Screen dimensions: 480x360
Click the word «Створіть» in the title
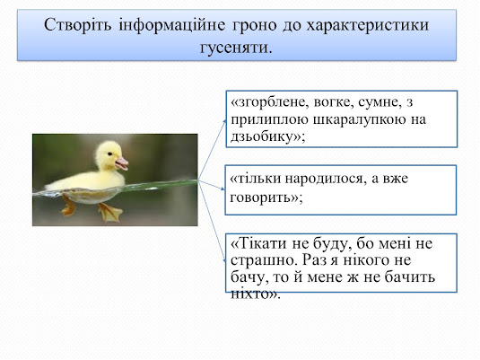point(78,25)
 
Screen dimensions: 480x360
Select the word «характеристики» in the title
point(368,26)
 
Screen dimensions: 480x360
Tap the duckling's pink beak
point(122,163)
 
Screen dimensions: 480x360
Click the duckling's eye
point(109,154)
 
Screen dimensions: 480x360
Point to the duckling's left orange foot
point(68,206)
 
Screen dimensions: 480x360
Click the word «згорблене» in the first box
point(269,103)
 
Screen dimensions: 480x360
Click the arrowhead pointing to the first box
point(225,121)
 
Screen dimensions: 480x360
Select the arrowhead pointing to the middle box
point(223,189)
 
